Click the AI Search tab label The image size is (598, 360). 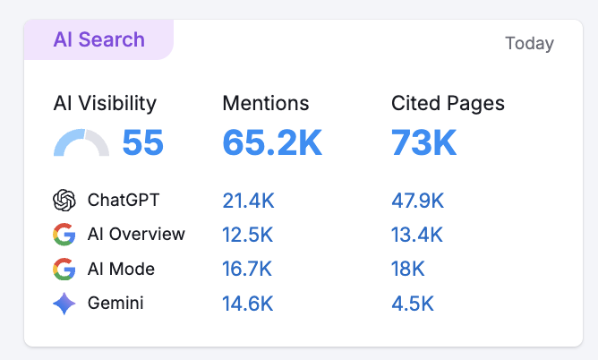click(98, 40)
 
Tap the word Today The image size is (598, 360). click(529, 43)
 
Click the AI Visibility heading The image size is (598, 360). click(105, 104)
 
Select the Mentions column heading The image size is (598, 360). click(266, 104)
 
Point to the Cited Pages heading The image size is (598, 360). click(448, 104)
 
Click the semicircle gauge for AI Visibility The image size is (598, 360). click(81, 144)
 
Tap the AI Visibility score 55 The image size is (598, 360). click(142, 143)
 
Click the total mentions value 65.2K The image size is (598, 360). click(272, 143)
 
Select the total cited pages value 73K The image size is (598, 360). click(424, 143)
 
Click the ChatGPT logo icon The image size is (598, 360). click(64, 200)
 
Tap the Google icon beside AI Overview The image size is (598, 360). click(64, 235)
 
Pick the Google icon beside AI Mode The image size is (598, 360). click(64, 269)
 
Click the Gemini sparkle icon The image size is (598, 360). click(64, 304)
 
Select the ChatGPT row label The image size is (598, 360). click(123, 200)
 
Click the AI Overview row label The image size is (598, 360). click(136, 235)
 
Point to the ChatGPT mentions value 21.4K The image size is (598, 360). click(248, 200)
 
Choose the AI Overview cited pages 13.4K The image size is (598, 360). click(417, 235)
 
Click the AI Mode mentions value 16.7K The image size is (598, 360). click(248, 269)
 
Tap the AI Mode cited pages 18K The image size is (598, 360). click(408, 269)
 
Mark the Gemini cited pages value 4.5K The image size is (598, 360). click(413, 304)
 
